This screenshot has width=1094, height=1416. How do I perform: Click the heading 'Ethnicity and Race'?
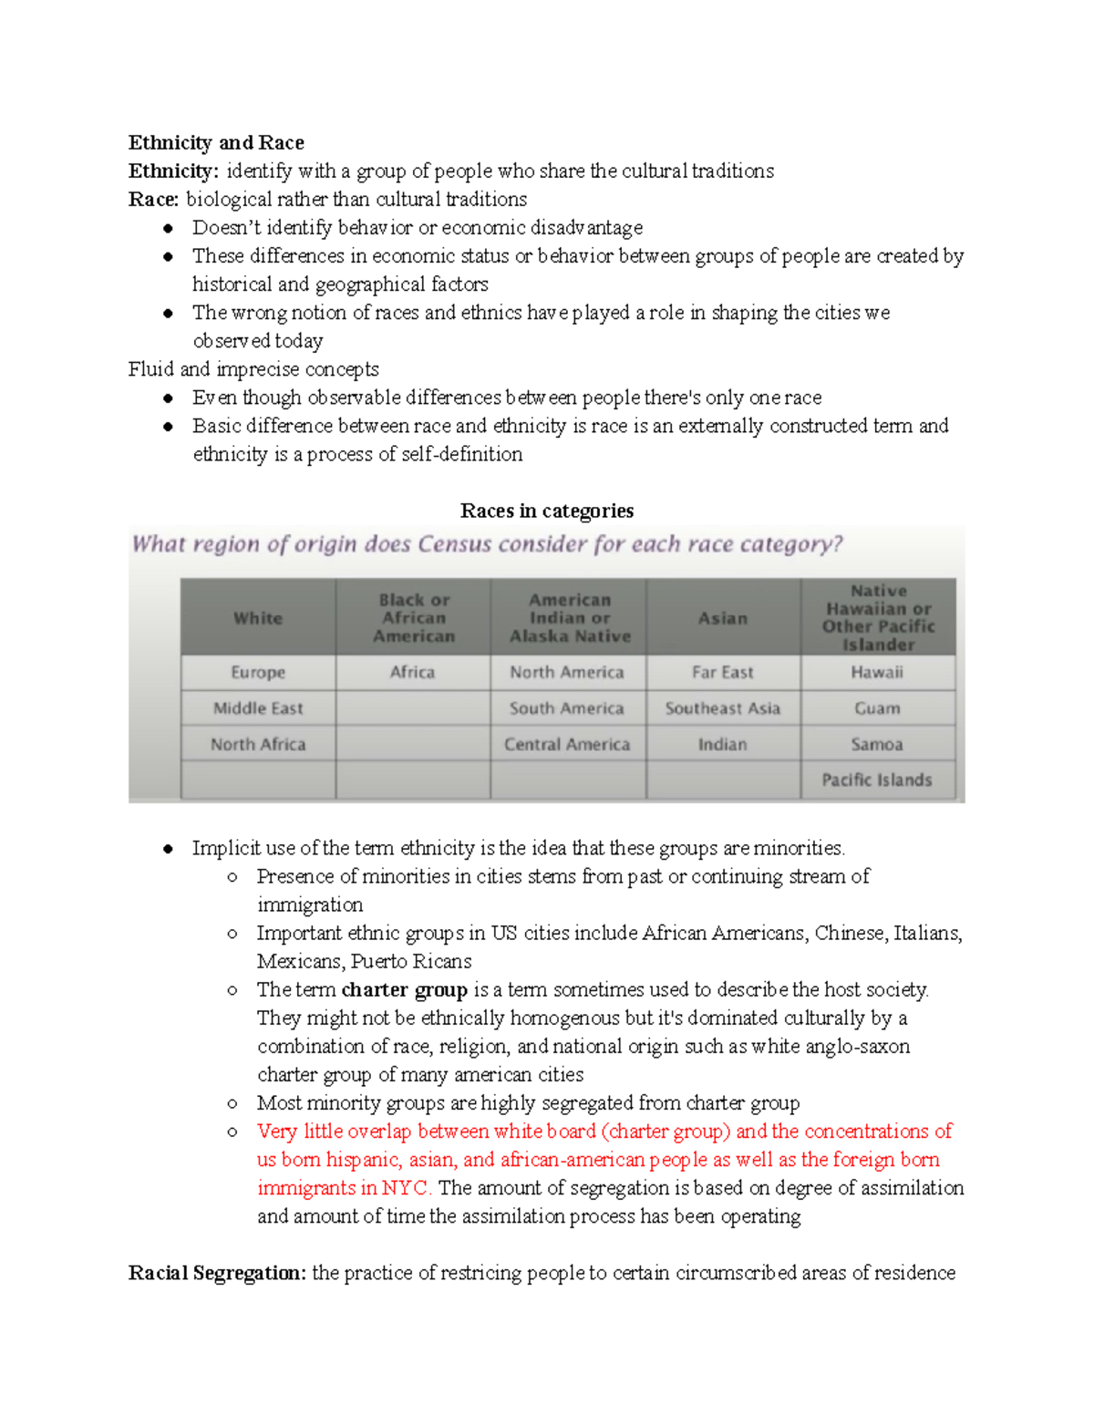coord(216,142)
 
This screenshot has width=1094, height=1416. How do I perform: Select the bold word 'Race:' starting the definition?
coord(153,199)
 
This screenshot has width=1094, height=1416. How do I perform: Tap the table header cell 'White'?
coord(258,617)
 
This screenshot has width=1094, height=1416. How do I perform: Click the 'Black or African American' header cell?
coord(413,617)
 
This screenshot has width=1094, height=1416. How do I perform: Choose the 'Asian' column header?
coord(723,617)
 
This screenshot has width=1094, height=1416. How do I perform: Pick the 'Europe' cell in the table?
coord(258,672)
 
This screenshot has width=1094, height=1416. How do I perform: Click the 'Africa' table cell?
coord(413,672)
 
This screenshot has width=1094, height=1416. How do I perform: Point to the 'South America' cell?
coord(567,708)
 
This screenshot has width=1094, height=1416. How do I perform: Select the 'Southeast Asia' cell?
coord(723,708)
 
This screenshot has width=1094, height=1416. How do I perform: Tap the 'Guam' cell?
coord(877,708)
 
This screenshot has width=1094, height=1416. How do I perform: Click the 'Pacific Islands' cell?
coord(877,780)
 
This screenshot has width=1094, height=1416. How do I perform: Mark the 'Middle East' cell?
coord(258,708)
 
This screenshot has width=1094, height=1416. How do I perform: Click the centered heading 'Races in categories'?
coord(547,511)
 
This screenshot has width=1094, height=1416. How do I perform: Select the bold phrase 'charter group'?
coord(404,989)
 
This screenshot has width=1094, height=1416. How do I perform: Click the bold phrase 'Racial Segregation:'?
coord(217,1273)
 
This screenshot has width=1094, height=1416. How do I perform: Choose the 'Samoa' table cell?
coord(877,744)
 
